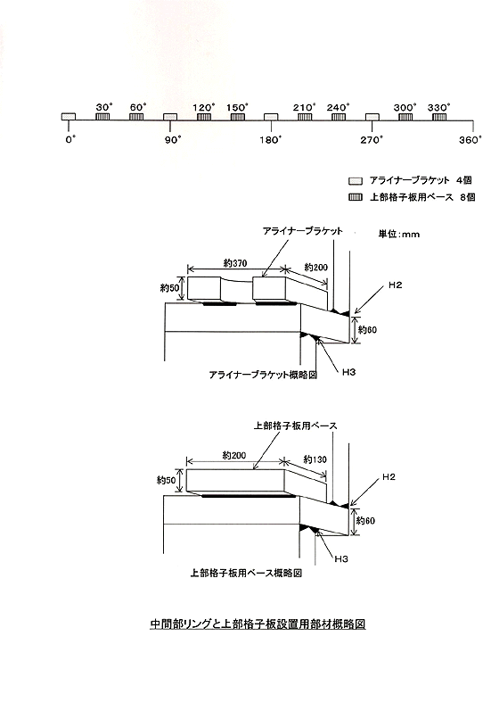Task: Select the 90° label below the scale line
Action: click(173, 139)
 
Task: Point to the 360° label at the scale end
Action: click(470, 139)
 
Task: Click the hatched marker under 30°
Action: click(102, 117)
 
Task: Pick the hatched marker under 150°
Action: click(236, 117)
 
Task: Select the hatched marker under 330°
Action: click(438, 117)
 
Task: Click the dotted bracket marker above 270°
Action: click(372, 117)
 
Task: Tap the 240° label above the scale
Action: click(338, 107)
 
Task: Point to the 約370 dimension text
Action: click(235, 263)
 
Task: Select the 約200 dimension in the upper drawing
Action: click(316, 268)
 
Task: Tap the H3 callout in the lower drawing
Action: click(340, 558)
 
